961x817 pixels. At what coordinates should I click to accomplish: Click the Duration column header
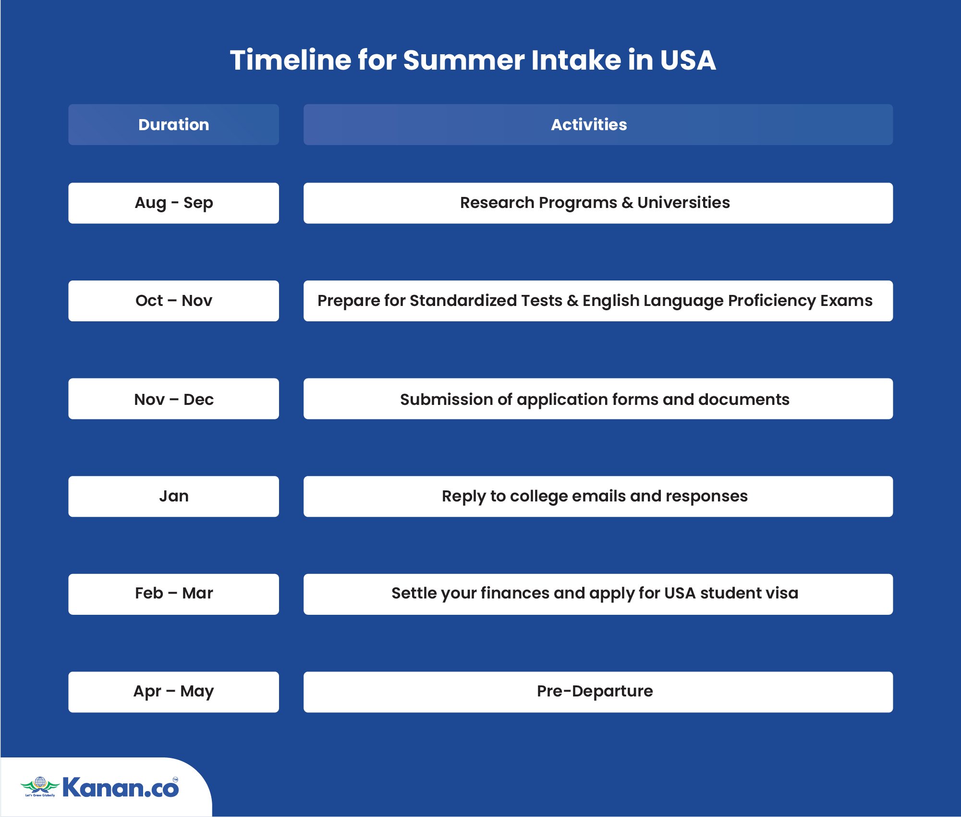point(173,124)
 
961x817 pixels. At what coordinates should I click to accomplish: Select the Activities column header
point(598,124)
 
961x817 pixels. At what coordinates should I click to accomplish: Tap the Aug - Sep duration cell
point(173,203)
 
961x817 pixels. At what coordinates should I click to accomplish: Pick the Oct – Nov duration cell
point(173,301)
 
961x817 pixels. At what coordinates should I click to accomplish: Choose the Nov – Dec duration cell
point(173,399)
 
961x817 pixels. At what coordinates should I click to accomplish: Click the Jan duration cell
point(173,496)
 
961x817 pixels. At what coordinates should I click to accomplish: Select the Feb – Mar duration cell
point(173,594)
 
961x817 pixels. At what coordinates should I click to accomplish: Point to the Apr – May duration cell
point(173,692)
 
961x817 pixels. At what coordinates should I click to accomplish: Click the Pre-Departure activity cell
point(598,692)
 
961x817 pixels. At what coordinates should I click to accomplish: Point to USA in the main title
point(688,60)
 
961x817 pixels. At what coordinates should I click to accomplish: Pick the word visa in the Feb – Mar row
point(782,593)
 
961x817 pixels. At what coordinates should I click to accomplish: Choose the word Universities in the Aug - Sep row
point(683,203)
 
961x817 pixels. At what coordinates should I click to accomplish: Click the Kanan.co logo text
point(121,788)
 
